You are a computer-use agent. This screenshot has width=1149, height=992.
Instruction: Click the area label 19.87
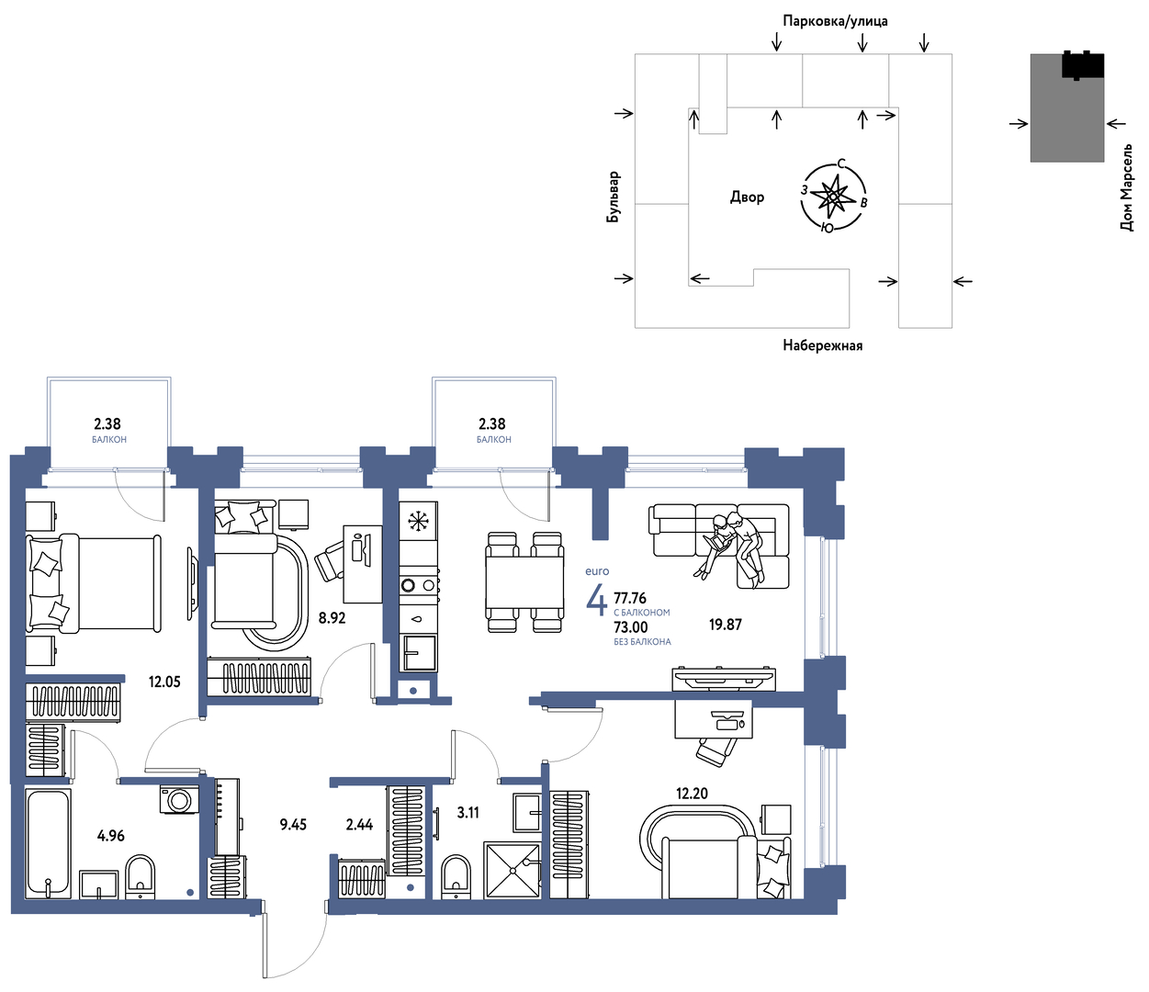point(725,625)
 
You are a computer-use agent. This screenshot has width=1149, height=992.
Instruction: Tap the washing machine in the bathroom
point(179,800)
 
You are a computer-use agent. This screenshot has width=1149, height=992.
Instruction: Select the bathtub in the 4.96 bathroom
point(48,842)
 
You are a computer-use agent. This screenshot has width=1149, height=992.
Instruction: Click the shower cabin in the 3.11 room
point(512,870)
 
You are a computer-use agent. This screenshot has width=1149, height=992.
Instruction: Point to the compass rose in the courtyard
point(833,197)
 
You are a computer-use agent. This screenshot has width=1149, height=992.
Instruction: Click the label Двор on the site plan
point(747,197)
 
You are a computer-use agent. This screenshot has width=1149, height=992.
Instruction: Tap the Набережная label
point(822,345)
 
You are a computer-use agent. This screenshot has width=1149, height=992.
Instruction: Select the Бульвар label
point(614,197)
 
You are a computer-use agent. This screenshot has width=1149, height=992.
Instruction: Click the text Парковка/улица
point(835,21)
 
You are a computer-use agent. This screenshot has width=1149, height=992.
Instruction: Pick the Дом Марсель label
point(1126,187)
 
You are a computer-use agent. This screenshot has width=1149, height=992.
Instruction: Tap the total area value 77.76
point(630,598)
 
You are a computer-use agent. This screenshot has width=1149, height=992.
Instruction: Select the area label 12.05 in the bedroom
point(164,682)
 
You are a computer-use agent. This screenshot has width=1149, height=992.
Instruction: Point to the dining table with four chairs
point(525,581)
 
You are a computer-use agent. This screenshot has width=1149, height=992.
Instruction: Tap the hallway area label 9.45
point(293,825)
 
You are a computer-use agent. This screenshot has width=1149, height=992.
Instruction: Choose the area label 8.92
point(332,618)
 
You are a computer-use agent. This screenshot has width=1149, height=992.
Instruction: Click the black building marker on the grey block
point(1082,65)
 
